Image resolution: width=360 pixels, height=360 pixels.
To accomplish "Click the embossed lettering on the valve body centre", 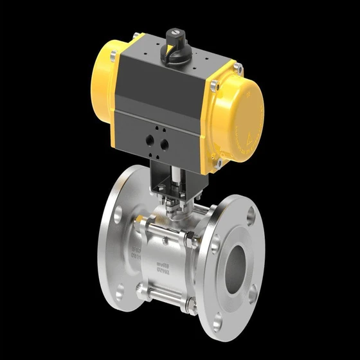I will tap(161, 266).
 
